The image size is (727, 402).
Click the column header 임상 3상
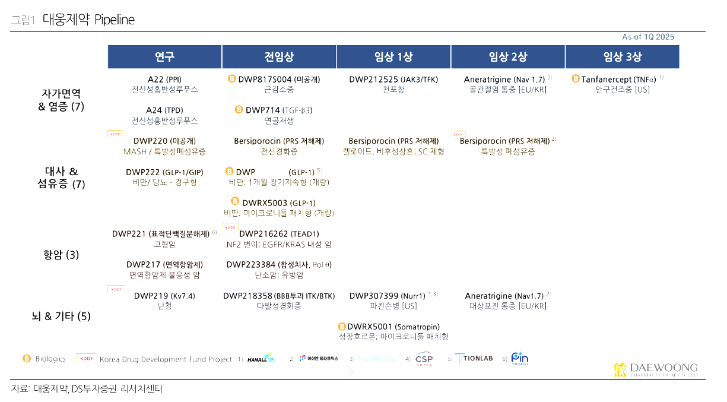pyautogui.click(x=622, y=57)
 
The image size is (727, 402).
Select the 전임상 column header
pyautogui.click(x=279, y=57)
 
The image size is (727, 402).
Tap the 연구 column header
pyautogui.click(x=164, y=57)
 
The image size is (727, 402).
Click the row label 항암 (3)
pyautogui.click(x=61, y=255)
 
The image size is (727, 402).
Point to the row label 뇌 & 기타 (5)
pyautogui.click(x=61, y=316)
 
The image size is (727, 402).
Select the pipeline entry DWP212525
pyautogui.click(x=374, y=79)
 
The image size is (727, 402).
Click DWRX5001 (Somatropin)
pyautogui.click(x=393, y=326)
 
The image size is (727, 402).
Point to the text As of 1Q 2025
pyautogui.click(x=648, y=37)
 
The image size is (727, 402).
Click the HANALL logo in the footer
pyautogui.click(x=261, y=359)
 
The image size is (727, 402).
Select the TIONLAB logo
pyautogui.click(x=475, y=359)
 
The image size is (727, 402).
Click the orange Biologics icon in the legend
pyautogui.click(x=27, y=359)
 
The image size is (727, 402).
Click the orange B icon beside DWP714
pyautogui.click(x=239, y=110)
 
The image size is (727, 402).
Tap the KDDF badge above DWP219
pyautogui.click(x=116, y=289)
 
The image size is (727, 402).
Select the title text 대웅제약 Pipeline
pyautogui.click(x=88, y=20)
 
